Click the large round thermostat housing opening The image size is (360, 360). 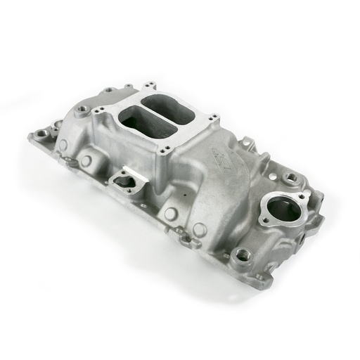pyautogui.click(x=283, y=208)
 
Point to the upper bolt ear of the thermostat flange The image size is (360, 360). pyautogui.click(x=302, y=196)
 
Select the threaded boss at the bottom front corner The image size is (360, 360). pyautogui.click(x=243, y=255)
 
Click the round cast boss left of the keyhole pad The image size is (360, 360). pyautogui.click(x=86, y=161)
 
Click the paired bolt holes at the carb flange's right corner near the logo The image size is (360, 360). pyautogui.click(x=210, y=120)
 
